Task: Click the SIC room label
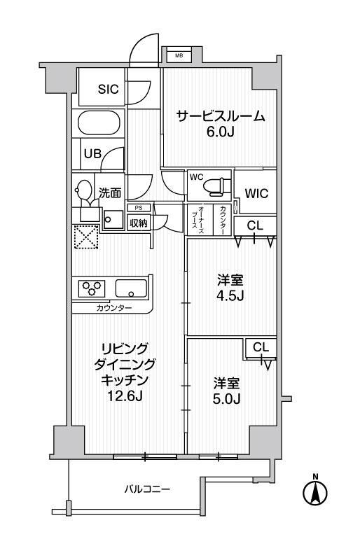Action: point(108,89)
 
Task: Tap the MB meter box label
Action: point(179,55)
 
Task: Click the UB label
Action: point(92,154)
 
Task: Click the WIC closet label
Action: point(256,194)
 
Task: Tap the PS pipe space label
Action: point(138,208)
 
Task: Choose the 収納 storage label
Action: point(138,223)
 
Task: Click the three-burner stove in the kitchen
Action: point(92,288)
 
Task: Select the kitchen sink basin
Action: point(131,288)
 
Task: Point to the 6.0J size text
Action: point(220,132)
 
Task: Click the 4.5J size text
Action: point(230,296)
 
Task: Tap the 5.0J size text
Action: point(226,398)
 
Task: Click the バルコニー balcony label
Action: point(147,489)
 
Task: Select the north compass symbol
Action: point(315,491)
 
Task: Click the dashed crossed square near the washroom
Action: point(86,237)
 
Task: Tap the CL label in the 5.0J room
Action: point(261,347)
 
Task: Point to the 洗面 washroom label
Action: point(110,193)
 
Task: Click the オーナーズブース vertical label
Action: point(198,220)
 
